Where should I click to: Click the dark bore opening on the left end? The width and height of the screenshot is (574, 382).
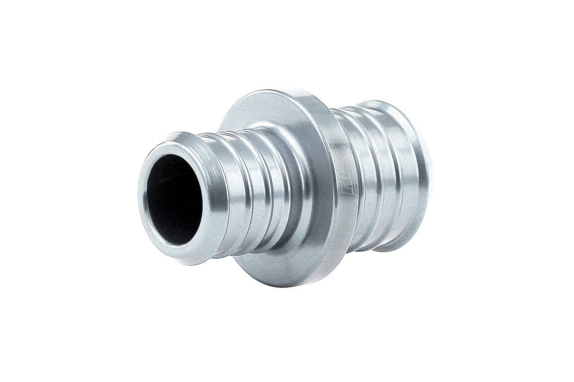click(x=174, y=198)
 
